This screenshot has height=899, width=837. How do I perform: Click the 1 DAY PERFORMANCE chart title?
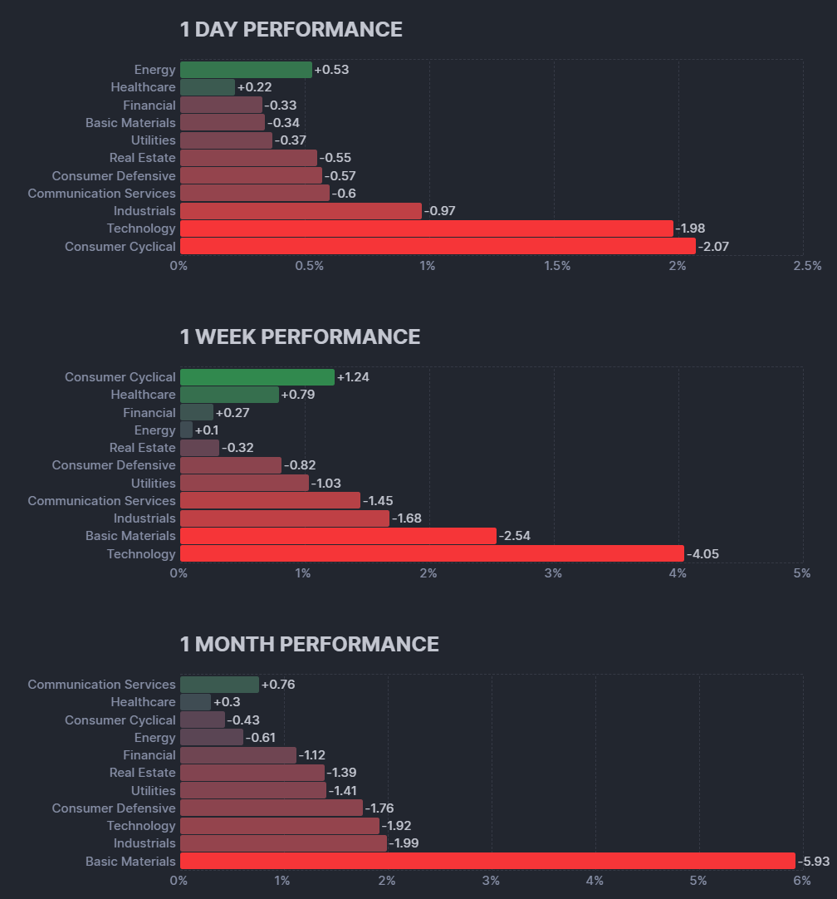tap(291, 30)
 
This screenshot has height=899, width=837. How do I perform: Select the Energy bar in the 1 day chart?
tap(246, 70)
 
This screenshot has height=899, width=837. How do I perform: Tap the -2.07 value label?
tap(713, 246)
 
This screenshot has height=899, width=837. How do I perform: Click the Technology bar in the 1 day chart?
tap(426, 228)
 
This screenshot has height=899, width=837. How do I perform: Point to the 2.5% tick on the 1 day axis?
tap(806, 266)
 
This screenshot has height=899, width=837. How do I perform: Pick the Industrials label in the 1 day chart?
tap(144, 211)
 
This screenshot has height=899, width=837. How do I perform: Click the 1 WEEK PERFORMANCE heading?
tap(300, 337)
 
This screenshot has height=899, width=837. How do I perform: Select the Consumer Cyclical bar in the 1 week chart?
tap(257, 377)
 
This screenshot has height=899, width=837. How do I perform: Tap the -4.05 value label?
tap(702, 553)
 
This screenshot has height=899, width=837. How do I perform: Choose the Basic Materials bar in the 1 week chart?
tap(338, 536)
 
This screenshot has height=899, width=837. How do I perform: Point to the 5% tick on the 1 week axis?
tap(801, 573)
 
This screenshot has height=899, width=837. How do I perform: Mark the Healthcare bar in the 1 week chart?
tap(229, 395)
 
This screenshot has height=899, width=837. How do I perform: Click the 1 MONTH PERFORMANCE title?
tap(309, 644)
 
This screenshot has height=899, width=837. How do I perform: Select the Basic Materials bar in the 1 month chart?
tap(487, 861)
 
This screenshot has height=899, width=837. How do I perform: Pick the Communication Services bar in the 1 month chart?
tap(219, 685)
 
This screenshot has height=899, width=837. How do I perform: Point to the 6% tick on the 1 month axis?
tap(801, 881)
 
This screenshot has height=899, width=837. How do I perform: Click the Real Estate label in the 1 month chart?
tap(142, 773)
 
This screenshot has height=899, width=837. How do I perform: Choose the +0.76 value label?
tap(278, 685)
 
